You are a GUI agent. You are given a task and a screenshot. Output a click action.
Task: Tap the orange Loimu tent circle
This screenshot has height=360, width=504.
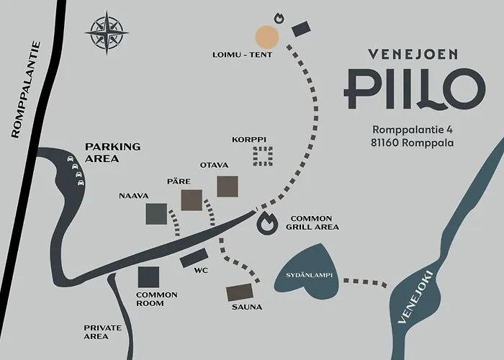(267, 36)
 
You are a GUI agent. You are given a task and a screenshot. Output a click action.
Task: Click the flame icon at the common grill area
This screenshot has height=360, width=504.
(266, 223)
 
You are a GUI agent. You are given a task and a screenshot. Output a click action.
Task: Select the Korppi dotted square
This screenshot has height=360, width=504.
(263, 156)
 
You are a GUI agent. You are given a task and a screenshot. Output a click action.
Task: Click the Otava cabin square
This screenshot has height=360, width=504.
(228, 185)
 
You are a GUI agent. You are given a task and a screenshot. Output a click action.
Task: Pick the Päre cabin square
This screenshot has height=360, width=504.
(192, 199)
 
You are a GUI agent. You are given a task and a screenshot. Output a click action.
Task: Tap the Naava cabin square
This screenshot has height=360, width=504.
(156, 213)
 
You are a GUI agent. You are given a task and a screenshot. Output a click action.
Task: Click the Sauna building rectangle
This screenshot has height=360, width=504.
(240, 292)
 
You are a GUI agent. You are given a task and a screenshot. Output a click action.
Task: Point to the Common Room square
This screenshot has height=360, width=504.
(148, 276)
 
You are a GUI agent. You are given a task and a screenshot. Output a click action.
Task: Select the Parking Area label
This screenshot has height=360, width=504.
(112, 152)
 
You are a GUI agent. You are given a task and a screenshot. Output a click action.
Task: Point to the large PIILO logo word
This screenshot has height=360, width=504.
(412, 88)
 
